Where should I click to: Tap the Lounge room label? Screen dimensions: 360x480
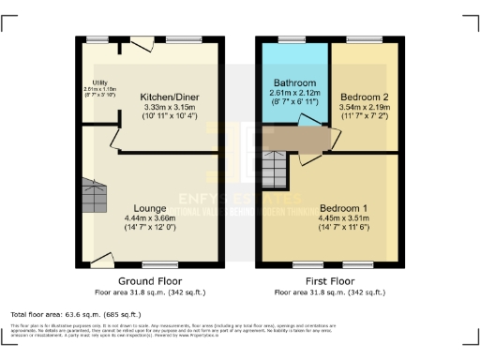(150, 208)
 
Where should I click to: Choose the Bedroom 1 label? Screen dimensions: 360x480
(343, 207)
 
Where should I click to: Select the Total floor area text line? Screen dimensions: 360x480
(75, 314)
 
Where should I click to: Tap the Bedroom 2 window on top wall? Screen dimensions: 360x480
(361, 40)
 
